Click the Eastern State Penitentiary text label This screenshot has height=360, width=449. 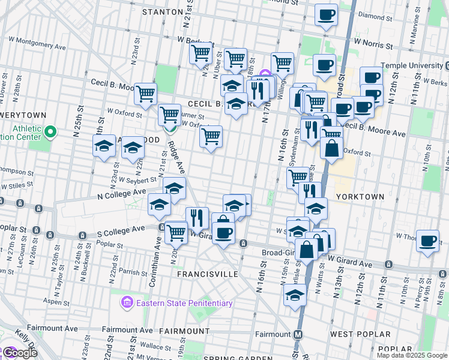pos(184,303)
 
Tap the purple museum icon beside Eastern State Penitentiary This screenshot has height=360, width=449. pos(127,302)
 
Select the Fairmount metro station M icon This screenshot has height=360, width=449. pos(298,334)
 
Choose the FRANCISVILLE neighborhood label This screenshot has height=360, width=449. pos(208,274)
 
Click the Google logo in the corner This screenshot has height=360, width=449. pos(20,353)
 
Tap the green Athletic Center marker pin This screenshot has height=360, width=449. pos(50,131)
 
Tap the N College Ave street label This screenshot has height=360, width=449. pos(122,193)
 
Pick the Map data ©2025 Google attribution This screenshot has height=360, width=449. pos(412,355)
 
